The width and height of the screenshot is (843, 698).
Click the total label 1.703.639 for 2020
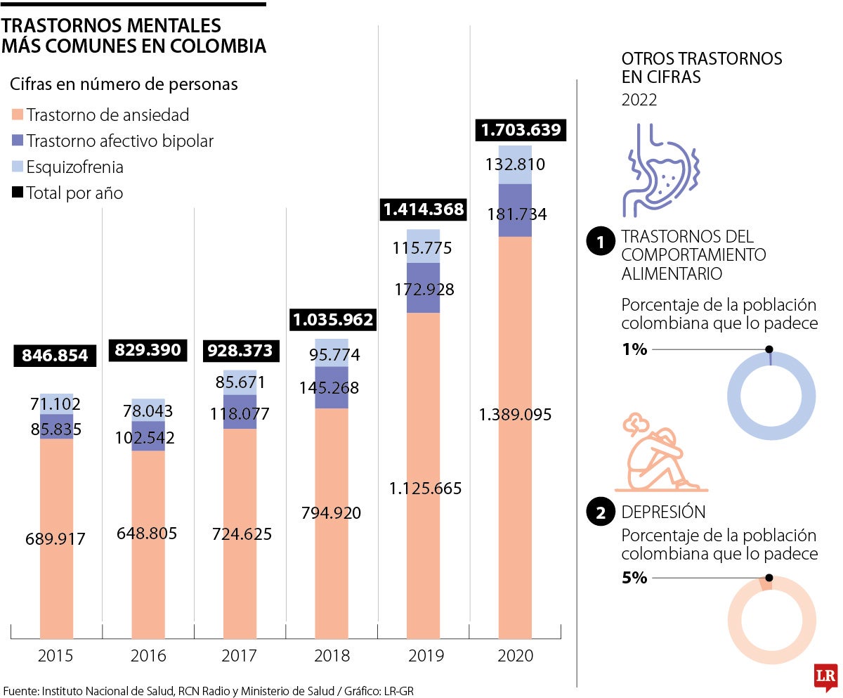pos(521,130)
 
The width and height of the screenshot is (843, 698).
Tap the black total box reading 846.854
pos(55,356)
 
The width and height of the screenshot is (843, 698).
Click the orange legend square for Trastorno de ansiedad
pos(18,115)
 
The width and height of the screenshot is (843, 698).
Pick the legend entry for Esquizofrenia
pos(74,167)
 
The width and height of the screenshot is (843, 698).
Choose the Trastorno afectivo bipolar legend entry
pos(119,141)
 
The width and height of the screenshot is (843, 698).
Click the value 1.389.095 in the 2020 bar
pos(515,415)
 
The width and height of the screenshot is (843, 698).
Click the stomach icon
pos(660,169)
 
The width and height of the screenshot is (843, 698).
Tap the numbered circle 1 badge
pos(600,243)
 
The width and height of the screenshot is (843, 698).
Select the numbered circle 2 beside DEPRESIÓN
pos(600,512)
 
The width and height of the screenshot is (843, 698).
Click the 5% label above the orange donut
pos(634,578)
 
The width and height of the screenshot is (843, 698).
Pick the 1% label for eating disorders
pos(634,349)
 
